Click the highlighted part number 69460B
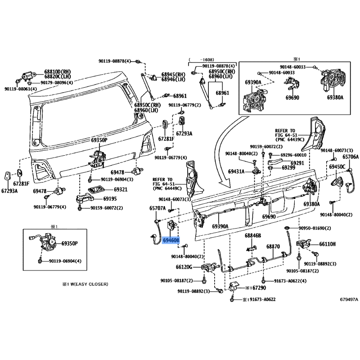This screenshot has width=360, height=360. (x=171, y=241)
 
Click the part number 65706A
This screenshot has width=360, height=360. (x=351, y=157)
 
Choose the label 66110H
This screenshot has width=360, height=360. (x=328, y=244)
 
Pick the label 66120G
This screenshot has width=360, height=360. (x=184, y=267)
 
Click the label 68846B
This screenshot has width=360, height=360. (x=253, y=235)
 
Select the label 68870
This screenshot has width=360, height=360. (x=273, y=247)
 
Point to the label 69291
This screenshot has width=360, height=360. (x=297, y=163)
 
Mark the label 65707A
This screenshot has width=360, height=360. (x=157, y=208)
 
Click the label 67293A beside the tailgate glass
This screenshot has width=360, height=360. (x=184, y=133)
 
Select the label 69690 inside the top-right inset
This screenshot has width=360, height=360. (x=293, y=97)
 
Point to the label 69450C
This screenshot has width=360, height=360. (x=337, y=166)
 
